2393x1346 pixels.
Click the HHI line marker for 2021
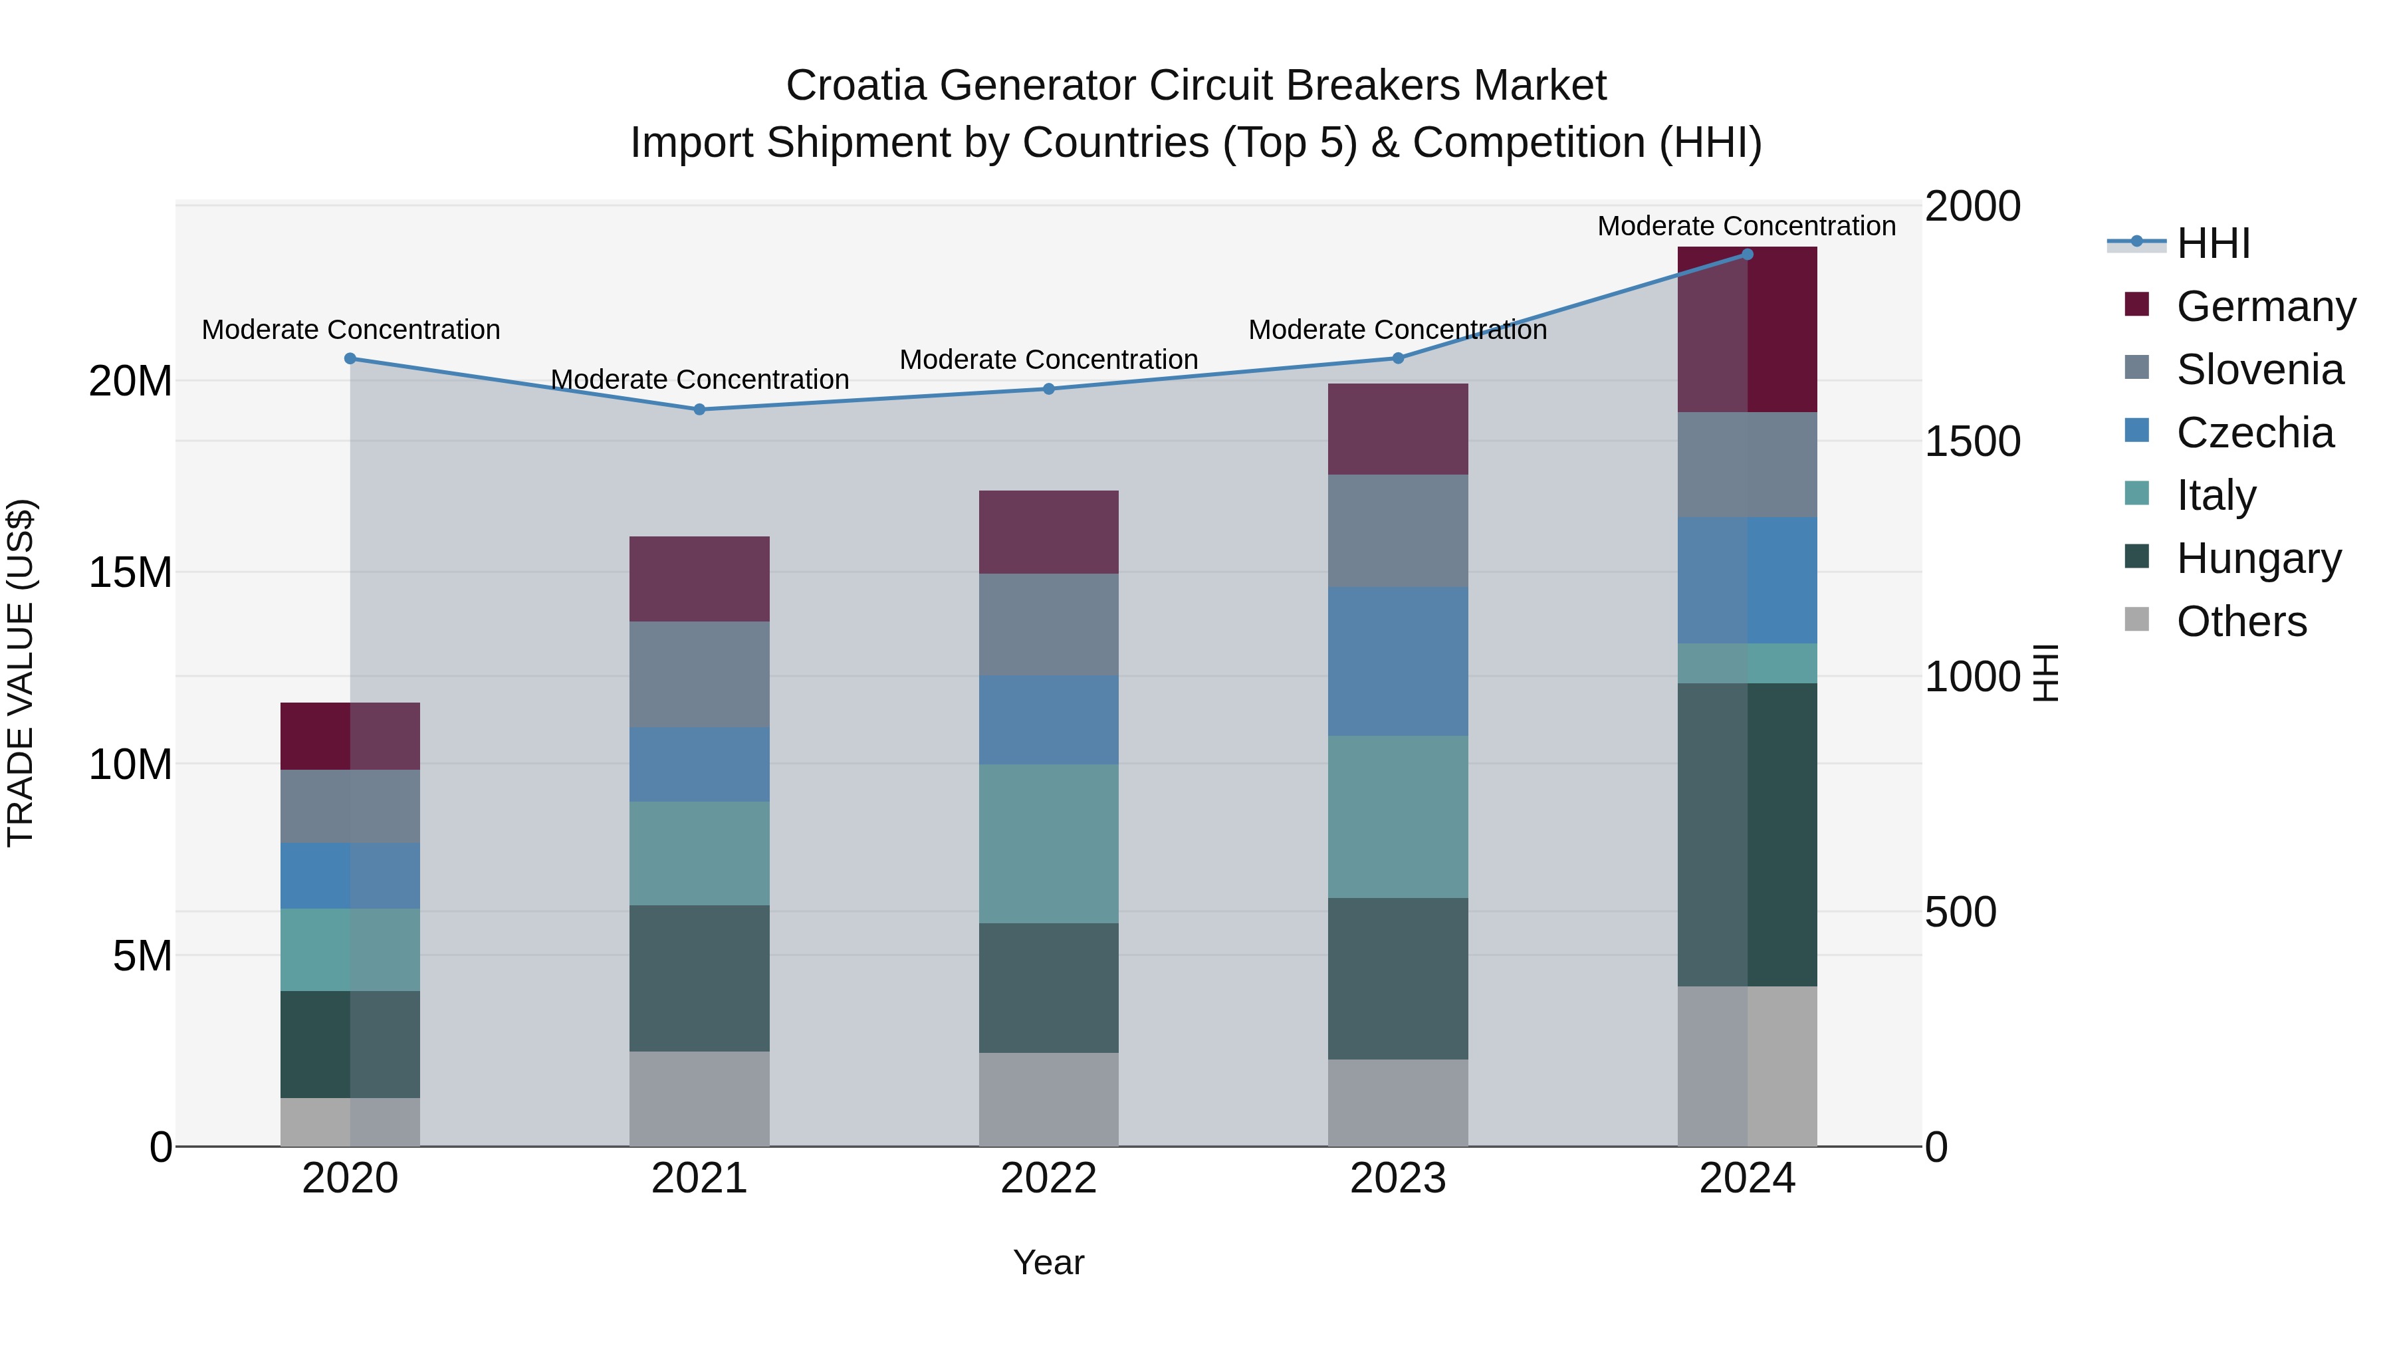click(699, 409)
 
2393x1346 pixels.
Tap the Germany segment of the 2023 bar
click(1398, 429)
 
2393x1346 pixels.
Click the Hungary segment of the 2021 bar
click(699, 978)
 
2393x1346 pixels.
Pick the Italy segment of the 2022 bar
click(1049, 843)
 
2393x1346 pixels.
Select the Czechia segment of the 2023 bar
click(1398, 661)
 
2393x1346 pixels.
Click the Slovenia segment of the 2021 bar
click(699, 675)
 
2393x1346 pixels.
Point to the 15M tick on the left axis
click(130, 572)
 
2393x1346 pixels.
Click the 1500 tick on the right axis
click(1972, 441)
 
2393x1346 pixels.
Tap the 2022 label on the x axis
click(1049, 1178)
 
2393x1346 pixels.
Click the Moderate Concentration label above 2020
click(350, 330)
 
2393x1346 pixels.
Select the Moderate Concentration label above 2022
click(1049, 360)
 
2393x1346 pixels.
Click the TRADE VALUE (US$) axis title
click(21, 673)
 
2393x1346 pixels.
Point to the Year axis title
click(1049, 1262)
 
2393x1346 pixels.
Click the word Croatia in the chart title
click(855, 86)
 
